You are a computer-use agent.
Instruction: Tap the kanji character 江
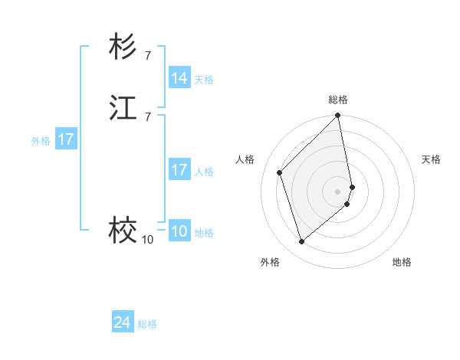[x=123, y=108]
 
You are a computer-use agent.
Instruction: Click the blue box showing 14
[x=179, y=78]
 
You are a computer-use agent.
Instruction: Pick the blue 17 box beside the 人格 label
[x=179, y=170]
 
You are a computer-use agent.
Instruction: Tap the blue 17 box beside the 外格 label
[x=65, y=139]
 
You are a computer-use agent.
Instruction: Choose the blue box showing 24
[x=123, y=322]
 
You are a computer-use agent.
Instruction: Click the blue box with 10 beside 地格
[x=179, y=231]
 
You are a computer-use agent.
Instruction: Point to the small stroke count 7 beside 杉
[x=147, y=55]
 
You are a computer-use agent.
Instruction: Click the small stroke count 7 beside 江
[x=147, y=116]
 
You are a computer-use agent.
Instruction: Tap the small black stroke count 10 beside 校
[x=147, y=240]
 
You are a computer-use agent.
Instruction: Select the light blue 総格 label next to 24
[x=147, y=324]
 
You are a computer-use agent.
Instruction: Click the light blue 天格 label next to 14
[x=204, y=80]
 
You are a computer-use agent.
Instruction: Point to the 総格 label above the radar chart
[x=338, y=100]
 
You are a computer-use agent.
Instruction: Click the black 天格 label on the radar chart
[x=431, y=159]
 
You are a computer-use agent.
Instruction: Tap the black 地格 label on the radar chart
[x=402, y=262]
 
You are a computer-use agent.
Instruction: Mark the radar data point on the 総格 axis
[x=338, y=116]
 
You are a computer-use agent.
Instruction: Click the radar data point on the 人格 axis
[x=280, y=172]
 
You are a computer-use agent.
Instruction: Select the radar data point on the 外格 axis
[x=301, y=242]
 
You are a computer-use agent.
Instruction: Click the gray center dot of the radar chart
[x=338, y=191]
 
